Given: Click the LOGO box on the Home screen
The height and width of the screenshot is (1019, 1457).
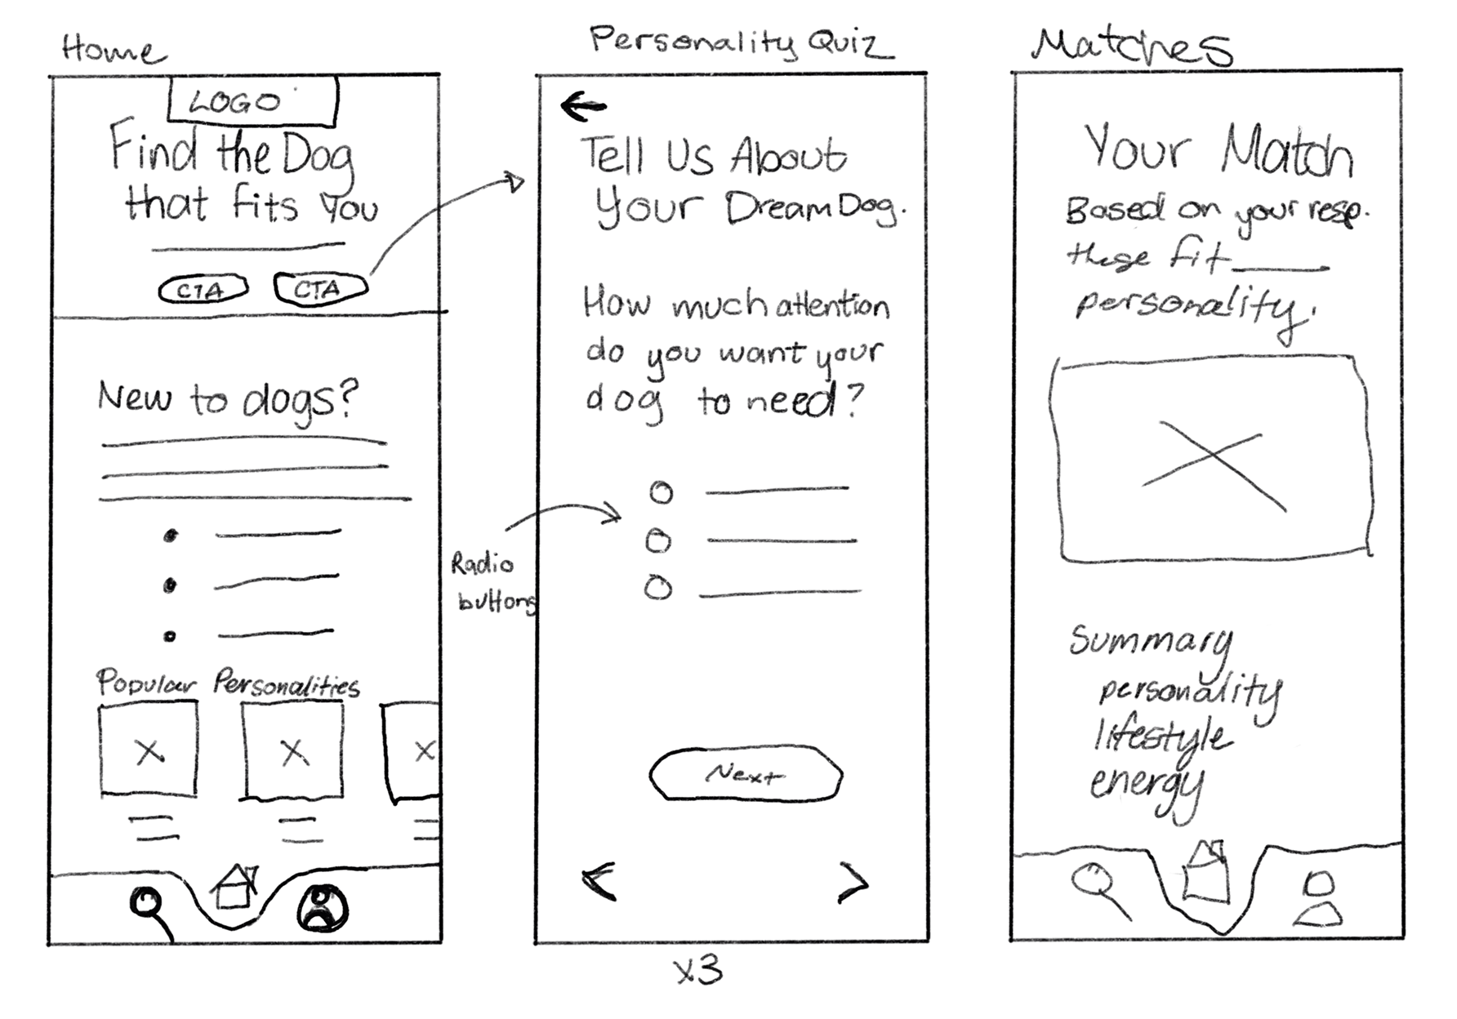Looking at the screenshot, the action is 252,102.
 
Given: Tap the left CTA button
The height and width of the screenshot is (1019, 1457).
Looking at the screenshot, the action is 202,290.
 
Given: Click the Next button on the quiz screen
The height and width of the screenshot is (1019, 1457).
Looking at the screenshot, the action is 745,773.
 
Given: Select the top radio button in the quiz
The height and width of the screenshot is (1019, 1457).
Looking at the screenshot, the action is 661,492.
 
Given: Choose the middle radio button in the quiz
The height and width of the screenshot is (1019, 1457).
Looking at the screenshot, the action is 658,541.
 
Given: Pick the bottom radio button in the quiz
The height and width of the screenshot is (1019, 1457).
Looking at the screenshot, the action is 658,588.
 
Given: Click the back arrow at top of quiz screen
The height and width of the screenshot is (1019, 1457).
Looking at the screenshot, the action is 583,106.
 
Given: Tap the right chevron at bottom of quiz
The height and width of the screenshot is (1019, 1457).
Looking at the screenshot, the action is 854,883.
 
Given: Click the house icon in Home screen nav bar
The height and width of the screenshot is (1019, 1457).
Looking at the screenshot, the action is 234,887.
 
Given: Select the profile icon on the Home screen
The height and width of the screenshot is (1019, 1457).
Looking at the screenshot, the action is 323,908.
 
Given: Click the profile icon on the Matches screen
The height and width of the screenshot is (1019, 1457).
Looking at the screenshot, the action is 1317,899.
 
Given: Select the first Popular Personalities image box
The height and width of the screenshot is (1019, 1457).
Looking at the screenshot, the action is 149,750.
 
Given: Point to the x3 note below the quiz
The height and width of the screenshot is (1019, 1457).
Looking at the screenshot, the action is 698,972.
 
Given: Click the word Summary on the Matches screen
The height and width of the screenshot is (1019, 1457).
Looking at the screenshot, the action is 1150,640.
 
